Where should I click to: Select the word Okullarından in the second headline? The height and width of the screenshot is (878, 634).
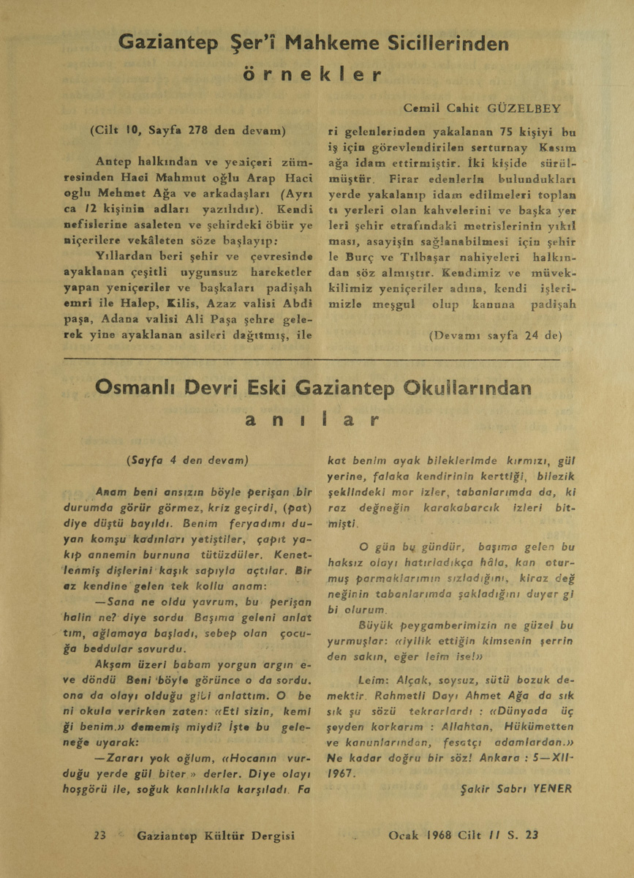click(x=468, y=388)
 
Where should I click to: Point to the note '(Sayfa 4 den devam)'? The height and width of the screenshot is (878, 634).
click(x=187, y=460)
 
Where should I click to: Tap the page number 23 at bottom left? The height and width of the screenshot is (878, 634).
click(x=100, y=835)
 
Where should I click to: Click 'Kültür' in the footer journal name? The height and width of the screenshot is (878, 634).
click(x=219, y=835)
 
